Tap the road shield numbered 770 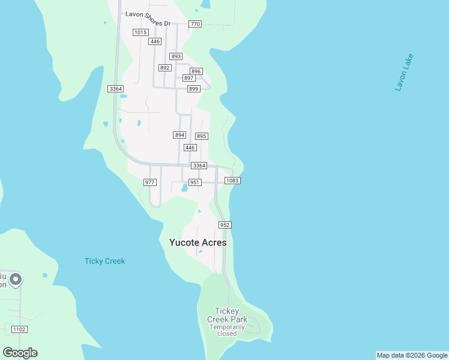pyautogui.click(x=194, y=24)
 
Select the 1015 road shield pyautogui.click(x=140, y=32)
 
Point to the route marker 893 pyautogui.click(x=176, y=56)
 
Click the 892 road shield pyautogui.click(x=165, y=68)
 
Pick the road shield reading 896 pyautogui.click(x=196, y=71)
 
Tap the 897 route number pyautogui.click(x=188, y=78)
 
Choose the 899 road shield pyautogui.click(x=193, y=89)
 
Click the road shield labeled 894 pyautogui.click(x=179, y=135)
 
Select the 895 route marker pyautogui.click(x=201, y=136)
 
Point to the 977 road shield pyautogui.click(x=150, y=182)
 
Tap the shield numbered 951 pyautogui.click(x=194, y=182)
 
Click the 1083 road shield pyautogui.click(x=232, y=181)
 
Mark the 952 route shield pyautogui.click(x=224, y=225)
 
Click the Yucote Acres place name pyautogui.click(x=198, y=242)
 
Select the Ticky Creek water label pyautogui.click(x=104, y=261)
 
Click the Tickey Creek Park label pyautogui.click(x=227, y=315)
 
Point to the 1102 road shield pyautogui.click(x=19, y=329)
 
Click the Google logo pyautogui.click(x=20, y=353)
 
